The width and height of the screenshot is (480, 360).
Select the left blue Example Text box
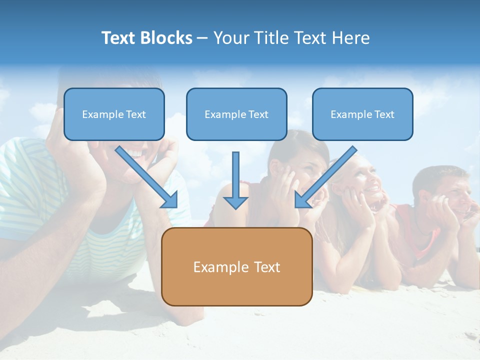tap(114, 114)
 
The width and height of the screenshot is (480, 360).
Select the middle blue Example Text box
tap(236, 114)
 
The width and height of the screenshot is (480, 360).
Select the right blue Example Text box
tap(362, 114)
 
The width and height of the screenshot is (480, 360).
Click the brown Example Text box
tap(236, 266)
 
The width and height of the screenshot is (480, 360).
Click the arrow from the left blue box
tap(145, 176)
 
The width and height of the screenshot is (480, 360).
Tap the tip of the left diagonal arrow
tap(175, 206)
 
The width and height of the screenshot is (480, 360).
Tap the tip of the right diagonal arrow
tap(296, 206)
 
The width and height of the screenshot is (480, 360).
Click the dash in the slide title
tap(202, 38)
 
